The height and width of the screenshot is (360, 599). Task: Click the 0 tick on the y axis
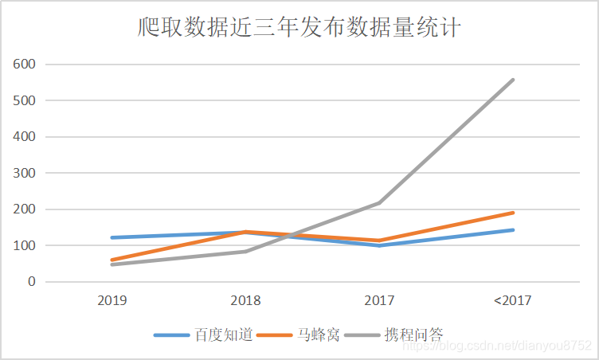31,282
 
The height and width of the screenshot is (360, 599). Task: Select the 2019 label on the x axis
112,301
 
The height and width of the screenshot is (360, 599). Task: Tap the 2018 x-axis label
246,301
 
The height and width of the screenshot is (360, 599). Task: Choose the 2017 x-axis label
379,301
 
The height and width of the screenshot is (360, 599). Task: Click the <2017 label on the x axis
512,301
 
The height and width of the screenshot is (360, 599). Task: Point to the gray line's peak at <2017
513,80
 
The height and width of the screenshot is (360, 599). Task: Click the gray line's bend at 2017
380,203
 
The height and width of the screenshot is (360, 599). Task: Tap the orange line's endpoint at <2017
513,213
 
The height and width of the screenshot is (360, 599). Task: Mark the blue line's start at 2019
112,237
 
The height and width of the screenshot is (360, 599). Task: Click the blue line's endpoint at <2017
513,230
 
